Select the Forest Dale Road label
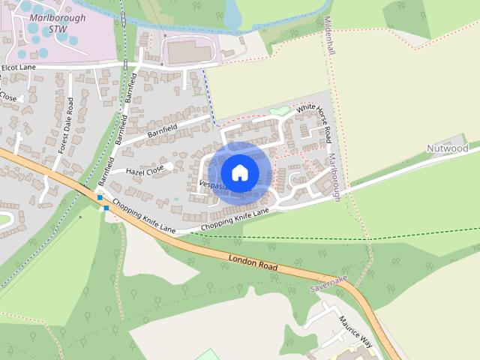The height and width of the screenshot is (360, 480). (64, 129)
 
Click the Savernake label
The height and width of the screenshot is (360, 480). (328, 283)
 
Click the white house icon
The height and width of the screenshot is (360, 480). (239, 172)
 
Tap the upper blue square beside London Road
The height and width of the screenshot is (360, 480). (100, 198)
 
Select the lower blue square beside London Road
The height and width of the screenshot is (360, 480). (106, 208)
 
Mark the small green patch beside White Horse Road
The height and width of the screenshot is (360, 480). (280, 111)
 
